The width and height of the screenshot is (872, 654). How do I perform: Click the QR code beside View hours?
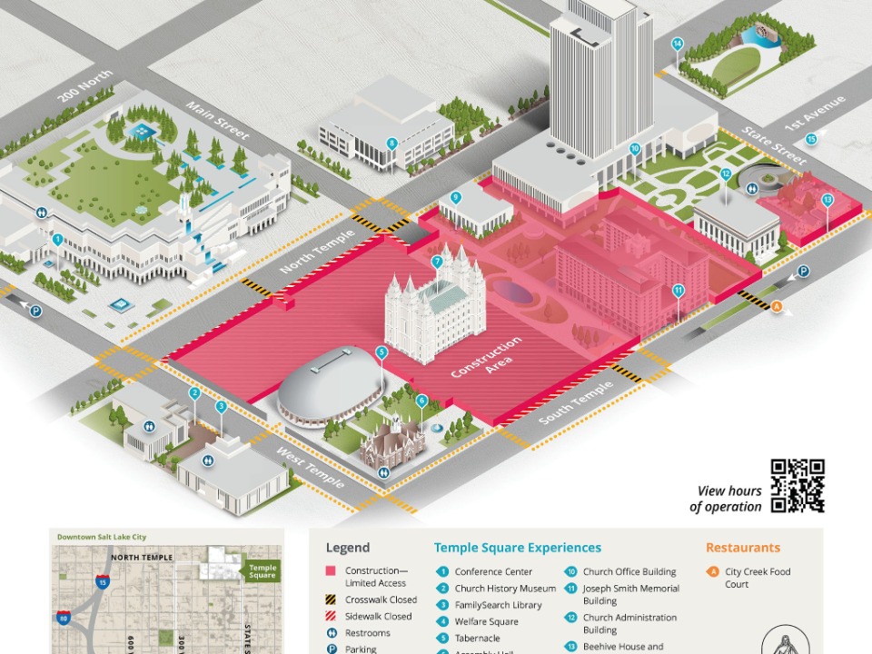[798, 486]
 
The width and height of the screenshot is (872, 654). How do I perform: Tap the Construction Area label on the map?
[487, 356]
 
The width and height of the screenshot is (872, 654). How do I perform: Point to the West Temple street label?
[312, 467]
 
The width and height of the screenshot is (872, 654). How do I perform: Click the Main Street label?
[217, 120]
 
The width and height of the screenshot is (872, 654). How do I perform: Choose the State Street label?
[775, 146]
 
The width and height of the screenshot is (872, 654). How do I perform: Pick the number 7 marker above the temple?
[437, 263]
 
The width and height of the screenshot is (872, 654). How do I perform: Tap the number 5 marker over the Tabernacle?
[381, 352]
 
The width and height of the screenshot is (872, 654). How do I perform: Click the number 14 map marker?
[678, 44]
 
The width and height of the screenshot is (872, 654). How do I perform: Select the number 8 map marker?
[392, 143]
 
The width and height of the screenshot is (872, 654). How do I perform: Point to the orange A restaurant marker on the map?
[777, 306]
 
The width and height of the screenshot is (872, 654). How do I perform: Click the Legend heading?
[348, 548]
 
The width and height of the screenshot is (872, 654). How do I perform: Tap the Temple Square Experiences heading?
[517, 548]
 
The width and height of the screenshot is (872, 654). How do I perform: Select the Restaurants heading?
[742, 548]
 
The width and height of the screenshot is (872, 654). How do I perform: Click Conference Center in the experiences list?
[493, 572]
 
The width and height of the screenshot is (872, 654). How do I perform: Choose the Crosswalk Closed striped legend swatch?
[331, 599]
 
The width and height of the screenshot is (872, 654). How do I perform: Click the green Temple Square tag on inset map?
[262, 570]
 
